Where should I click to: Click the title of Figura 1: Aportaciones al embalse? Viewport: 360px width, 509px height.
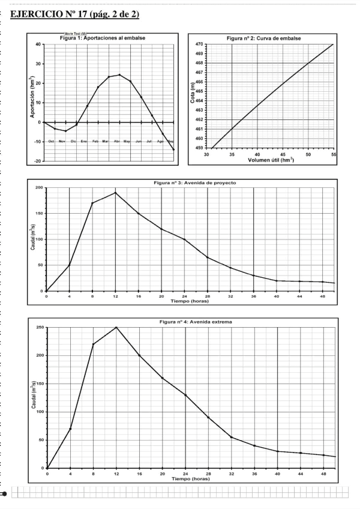103,38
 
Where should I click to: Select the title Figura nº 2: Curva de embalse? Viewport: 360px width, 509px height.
263,38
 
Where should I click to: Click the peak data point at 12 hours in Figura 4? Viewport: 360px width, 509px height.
116,327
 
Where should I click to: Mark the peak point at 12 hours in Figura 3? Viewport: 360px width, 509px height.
115,193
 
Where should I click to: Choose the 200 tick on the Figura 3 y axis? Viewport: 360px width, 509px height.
40,188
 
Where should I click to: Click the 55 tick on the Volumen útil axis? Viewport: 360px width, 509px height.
333,154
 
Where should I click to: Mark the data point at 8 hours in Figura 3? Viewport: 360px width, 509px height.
92,203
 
